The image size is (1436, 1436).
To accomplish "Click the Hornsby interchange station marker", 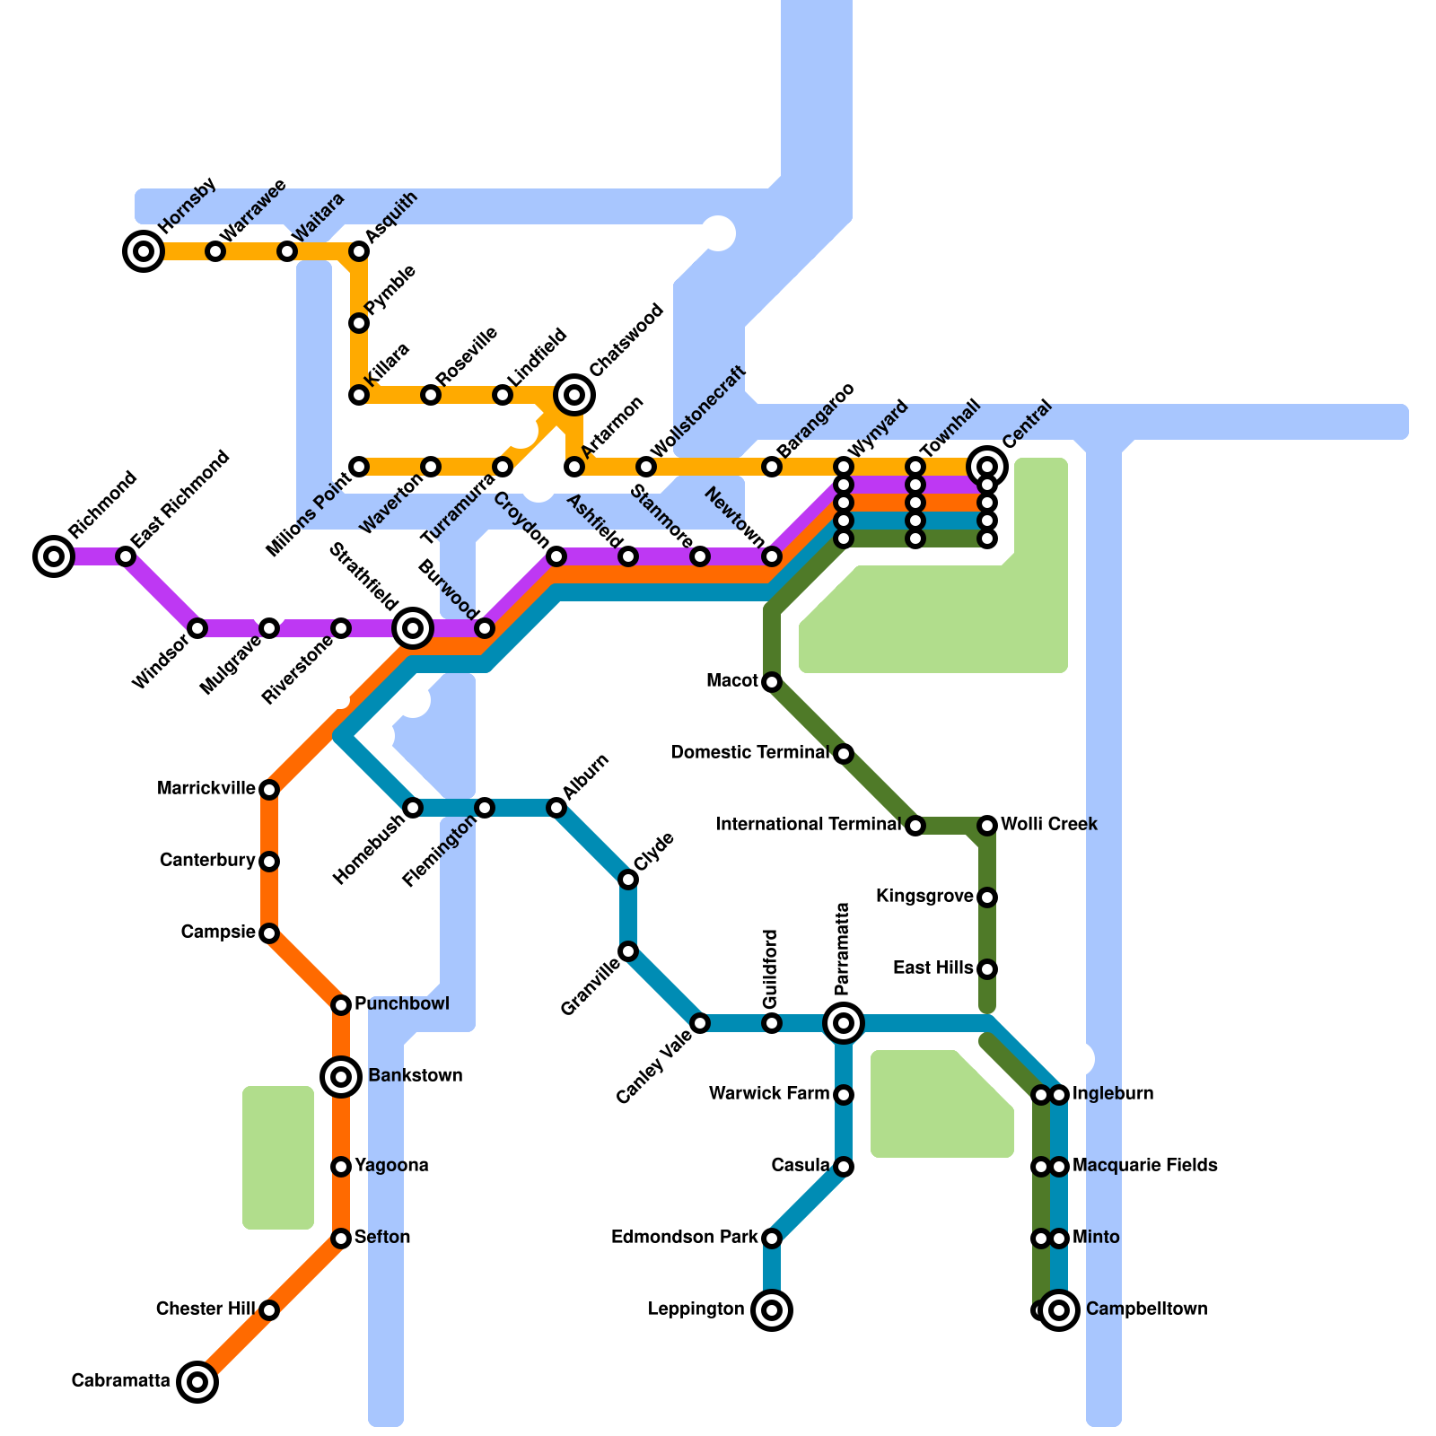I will pyautogui.click(x=144, y=251).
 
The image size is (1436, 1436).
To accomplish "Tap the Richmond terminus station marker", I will pyautogui.click(x=54, y=556).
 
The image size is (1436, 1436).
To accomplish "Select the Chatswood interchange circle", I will pyautogui.click(x=574, y=394).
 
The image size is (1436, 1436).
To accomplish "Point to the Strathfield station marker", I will pyautogui.click(x=413, y=628).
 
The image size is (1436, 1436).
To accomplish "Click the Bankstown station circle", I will pyautogui.click(x=341, y=1076).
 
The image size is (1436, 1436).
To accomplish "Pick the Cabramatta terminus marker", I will pyautogui.click(x=197, y=1381).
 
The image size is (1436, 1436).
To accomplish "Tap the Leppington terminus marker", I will pyautogui.click(x=772, y=1310).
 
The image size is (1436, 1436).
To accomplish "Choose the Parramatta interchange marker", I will pyautogui.click(x=844, y=1022).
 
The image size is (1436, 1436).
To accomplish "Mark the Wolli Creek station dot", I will pyautogui.click(x=987, y=825).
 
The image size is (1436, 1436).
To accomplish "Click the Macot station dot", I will pyautogui.click(x=772, y=682).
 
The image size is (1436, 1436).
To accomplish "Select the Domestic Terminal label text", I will pyautogui.click(x=749, y=752).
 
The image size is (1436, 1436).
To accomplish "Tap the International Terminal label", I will pyautogui.click(x=808, y=824).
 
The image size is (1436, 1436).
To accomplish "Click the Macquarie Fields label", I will pyautogui.click(x=1145, y=1166).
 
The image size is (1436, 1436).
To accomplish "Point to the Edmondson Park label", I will pyautogui.click(x=684, y=1238).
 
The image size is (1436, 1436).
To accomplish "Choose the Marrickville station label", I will pyautogui.click(x=206, y=789).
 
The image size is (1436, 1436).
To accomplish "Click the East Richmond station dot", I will pyautogui.click(x=126, y=556).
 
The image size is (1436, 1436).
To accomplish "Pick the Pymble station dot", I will pyautogui.click(x=359, y=323).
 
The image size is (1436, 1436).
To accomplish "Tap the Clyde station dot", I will pyautogui.click(x=628, y=880).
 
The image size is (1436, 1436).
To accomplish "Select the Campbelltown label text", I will pyautogui.click(x=1146, y=1309).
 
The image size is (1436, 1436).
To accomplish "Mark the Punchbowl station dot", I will pyautogui.click(x=341, y=1004).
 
